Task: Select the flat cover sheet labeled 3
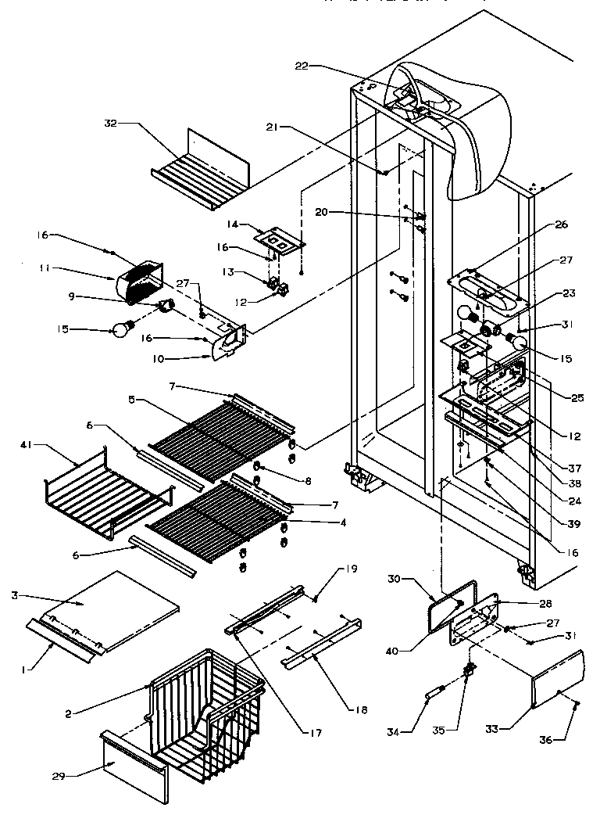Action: pyautogui.click(x=117, y=602)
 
